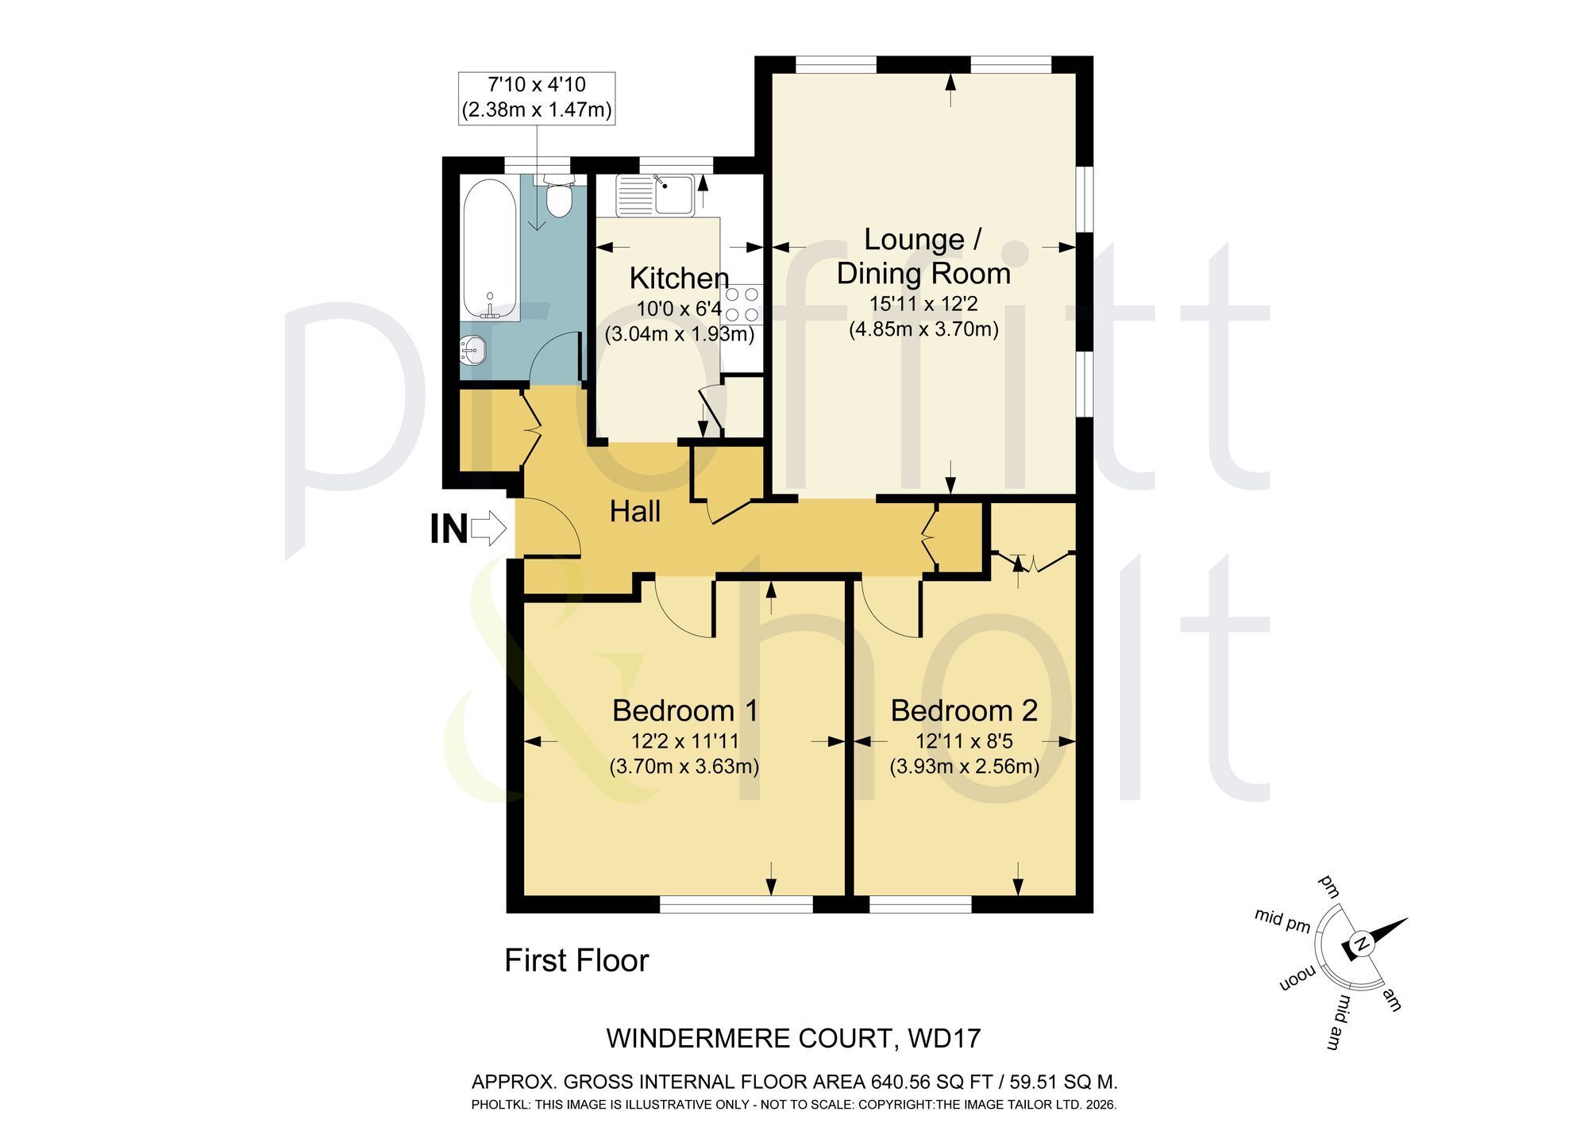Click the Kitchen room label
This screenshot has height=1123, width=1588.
click(679, 279)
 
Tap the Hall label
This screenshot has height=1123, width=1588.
click(635, 512)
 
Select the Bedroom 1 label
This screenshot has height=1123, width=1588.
click(684, 710)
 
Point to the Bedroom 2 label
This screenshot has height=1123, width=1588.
click(964, 710)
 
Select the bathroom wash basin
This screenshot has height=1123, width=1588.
click(473, 350)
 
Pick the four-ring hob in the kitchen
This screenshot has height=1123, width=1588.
click(740, 304)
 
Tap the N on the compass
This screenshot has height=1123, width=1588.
click(1361, 945)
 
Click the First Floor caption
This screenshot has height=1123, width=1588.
click(576, 961)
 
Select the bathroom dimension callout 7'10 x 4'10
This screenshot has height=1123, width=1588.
click(537, 97)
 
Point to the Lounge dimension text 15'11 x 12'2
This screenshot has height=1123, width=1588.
click(924, 303)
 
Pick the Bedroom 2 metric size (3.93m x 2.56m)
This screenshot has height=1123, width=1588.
click(964, 767)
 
